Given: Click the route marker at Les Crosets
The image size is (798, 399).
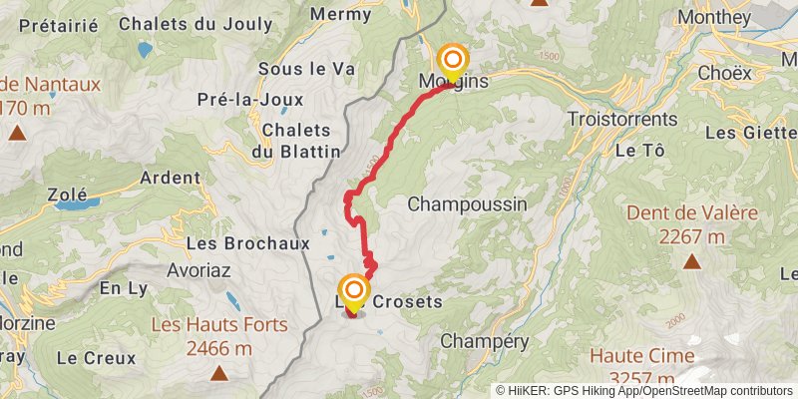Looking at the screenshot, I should [x=353, y=290].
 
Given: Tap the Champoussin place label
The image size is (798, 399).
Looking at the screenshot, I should [x=468, y=203].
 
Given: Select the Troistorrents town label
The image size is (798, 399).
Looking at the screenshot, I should [x=621, y=118].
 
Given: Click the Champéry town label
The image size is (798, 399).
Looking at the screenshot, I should [x=484, y=340].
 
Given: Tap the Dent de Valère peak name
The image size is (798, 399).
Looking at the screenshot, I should [x=693, y=212].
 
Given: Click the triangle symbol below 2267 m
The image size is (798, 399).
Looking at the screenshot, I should [x=692, y=261].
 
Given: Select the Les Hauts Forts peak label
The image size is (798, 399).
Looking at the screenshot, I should [x=219, y=325].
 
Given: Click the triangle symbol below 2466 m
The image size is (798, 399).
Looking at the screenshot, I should [x=219, y=373].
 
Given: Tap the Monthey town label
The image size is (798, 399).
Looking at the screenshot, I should [x=713, y=17].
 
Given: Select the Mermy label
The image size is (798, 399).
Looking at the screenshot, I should [x=342, y=14].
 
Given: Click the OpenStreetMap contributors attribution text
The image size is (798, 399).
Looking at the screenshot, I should [x=717, y=391].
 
